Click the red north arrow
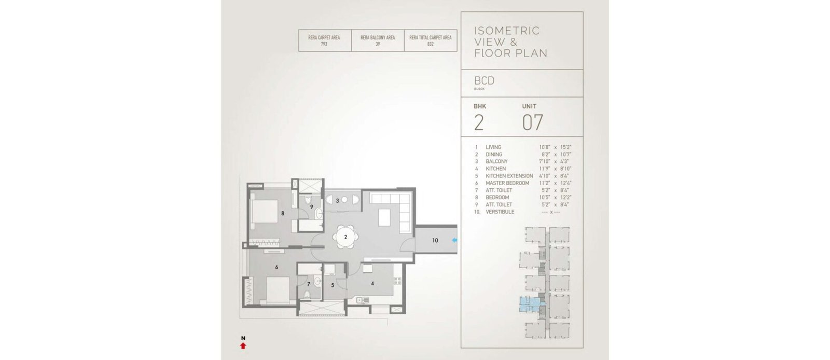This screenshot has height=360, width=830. click(243, 345)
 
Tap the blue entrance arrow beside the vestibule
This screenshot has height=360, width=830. click(454, 240)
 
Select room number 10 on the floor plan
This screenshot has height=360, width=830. click(435, 240)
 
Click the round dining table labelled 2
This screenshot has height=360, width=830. click(345, 237)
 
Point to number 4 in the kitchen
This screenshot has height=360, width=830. click(372, 284)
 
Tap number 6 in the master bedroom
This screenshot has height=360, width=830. click(276, 267)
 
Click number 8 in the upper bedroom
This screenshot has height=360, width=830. click(283, 213)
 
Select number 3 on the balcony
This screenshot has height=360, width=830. click(337, 201)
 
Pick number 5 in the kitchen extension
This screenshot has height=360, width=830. click(333, 285)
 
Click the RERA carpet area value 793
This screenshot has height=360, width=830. click(324, 44)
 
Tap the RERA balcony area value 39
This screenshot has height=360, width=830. click(378, 44)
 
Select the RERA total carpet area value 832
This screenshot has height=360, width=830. click(430, 44)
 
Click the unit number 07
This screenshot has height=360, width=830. click(532, 122)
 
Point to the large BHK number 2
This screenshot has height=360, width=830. click(479, 122)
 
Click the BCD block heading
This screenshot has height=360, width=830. click(485, 80)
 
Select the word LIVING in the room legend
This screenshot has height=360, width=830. click(493, 147)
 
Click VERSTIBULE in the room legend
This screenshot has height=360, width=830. click(500, 212)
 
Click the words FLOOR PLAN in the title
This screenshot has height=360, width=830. click(511, 53)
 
